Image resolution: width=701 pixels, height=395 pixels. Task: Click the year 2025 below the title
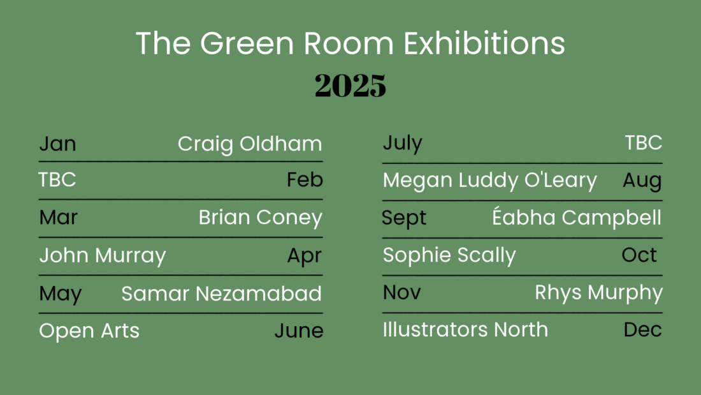(350, 85)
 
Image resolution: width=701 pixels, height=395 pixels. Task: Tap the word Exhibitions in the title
(484, 43)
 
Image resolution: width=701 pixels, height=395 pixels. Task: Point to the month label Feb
(305, 179)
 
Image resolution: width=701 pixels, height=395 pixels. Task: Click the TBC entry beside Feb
(57, 179)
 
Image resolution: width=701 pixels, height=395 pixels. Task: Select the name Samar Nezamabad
(221, 294)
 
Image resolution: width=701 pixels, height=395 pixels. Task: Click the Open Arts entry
(89, 331)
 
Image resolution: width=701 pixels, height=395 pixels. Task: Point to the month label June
(299, 331)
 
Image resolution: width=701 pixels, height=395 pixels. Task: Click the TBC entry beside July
(644, 143)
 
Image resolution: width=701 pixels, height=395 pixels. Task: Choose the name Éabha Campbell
(577, 217)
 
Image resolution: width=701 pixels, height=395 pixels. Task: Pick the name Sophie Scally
(449, 255)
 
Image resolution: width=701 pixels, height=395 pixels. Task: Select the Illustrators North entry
(465, 330)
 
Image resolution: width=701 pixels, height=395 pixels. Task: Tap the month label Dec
(643, 330)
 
